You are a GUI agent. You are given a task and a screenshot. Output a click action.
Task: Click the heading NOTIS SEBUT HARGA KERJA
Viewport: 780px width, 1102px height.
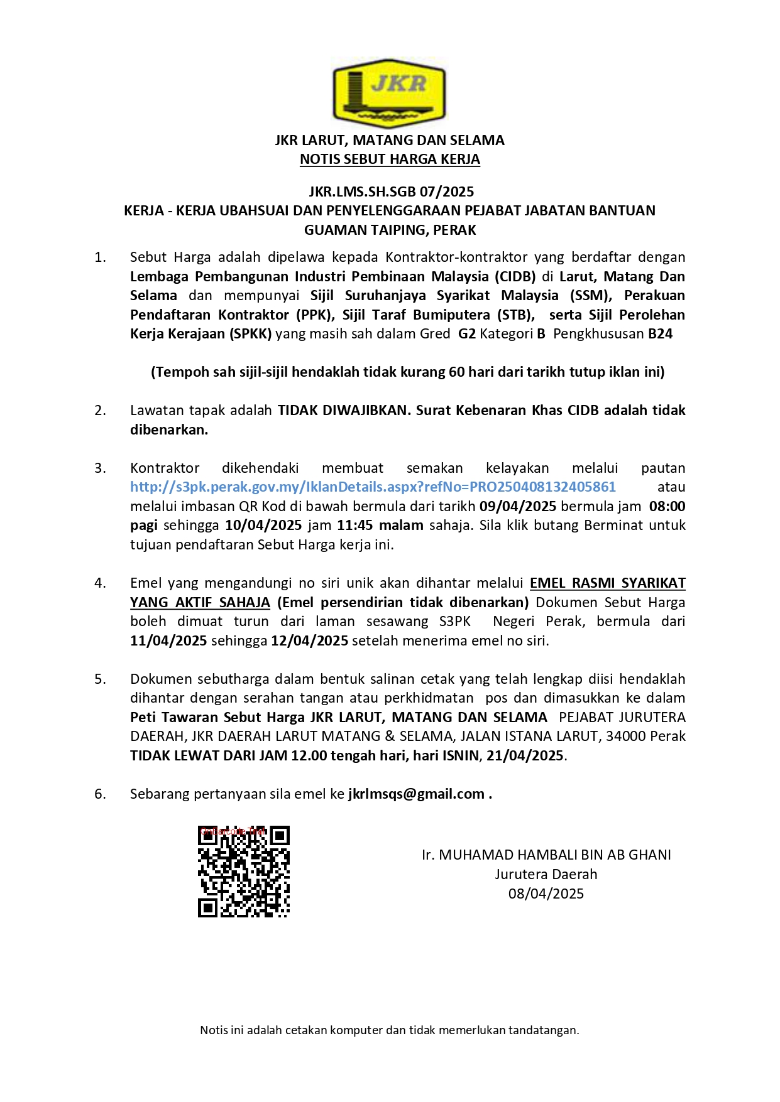coord(390,159)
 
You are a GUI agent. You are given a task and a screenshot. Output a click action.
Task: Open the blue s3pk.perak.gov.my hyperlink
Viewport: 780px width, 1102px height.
coord(373,487)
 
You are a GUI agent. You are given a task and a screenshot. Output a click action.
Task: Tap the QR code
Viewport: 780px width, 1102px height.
coord(244,872)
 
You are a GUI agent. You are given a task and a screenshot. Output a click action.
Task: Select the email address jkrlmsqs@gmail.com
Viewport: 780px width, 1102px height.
coord(416,794)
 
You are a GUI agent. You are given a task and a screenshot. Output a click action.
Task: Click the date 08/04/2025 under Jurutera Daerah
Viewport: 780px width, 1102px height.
coord(546,894)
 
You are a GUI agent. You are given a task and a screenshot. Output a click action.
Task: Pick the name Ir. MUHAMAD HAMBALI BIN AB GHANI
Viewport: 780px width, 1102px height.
coord(546,855)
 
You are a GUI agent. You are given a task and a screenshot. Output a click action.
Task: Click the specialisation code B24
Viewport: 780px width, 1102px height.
coord(660,334)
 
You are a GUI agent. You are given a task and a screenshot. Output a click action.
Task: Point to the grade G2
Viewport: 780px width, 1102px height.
coord(466,334)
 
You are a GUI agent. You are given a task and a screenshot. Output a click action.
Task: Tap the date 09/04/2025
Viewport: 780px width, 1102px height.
coord(518,507)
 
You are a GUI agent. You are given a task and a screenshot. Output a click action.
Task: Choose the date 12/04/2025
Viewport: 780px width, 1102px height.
coord(309,641)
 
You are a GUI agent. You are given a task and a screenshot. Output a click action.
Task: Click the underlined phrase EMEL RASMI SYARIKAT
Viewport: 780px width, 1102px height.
coord(607,583)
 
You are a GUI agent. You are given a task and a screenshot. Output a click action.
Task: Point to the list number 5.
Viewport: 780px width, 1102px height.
coord(100,679)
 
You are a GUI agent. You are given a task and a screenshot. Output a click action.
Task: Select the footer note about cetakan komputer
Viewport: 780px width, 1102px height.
coord(390,1030)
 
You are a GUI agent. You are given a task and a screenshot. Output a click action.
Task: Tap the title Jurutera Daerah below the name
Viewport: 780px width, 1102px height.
coord(546,875)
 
